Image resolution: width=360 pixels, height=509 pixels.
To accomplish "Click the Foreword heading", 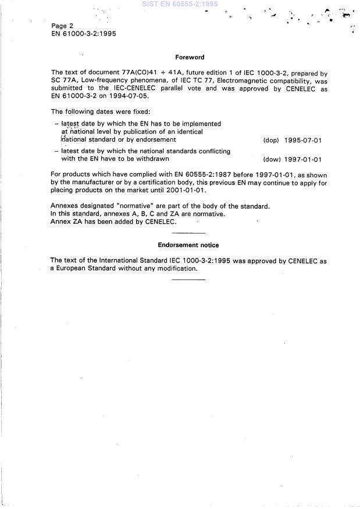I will [x=190, y=58].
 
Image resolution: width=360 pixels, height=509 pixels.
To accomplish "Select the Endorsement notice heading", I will [x=188, y=245].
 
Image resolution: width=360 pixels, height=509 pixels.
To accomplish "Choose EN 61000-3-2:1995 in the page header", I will [x=84, y=34].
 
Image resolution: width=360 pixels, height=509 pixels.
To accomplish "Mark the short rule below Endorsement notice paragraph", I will [x=188, y=279].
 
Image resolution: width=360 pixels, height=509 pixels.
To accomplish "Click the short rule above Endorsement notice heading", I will [x=188, y=233].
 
